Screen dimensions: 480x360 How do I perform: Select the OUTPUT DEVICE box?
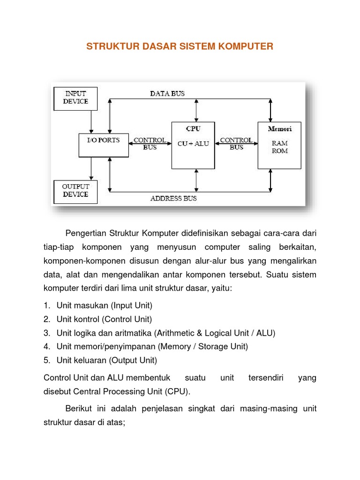75,191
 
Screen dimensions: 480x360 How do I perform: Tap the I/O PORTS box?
103,144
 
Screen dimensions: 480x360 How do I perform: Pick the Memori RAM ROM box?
279,145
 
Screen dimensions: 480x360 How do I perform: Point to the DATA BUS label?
167,93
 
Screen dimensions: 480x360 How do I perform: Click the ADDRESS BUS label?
173,198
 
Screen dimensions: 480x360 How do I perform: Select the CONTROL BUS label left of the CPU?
150,143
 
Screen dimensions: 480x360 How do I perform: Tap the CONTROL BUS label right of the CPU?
236,143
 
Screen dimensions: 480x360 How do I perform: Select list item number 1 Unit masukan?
104,306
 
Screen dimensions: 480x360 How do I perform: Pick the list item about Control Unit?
104,319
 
